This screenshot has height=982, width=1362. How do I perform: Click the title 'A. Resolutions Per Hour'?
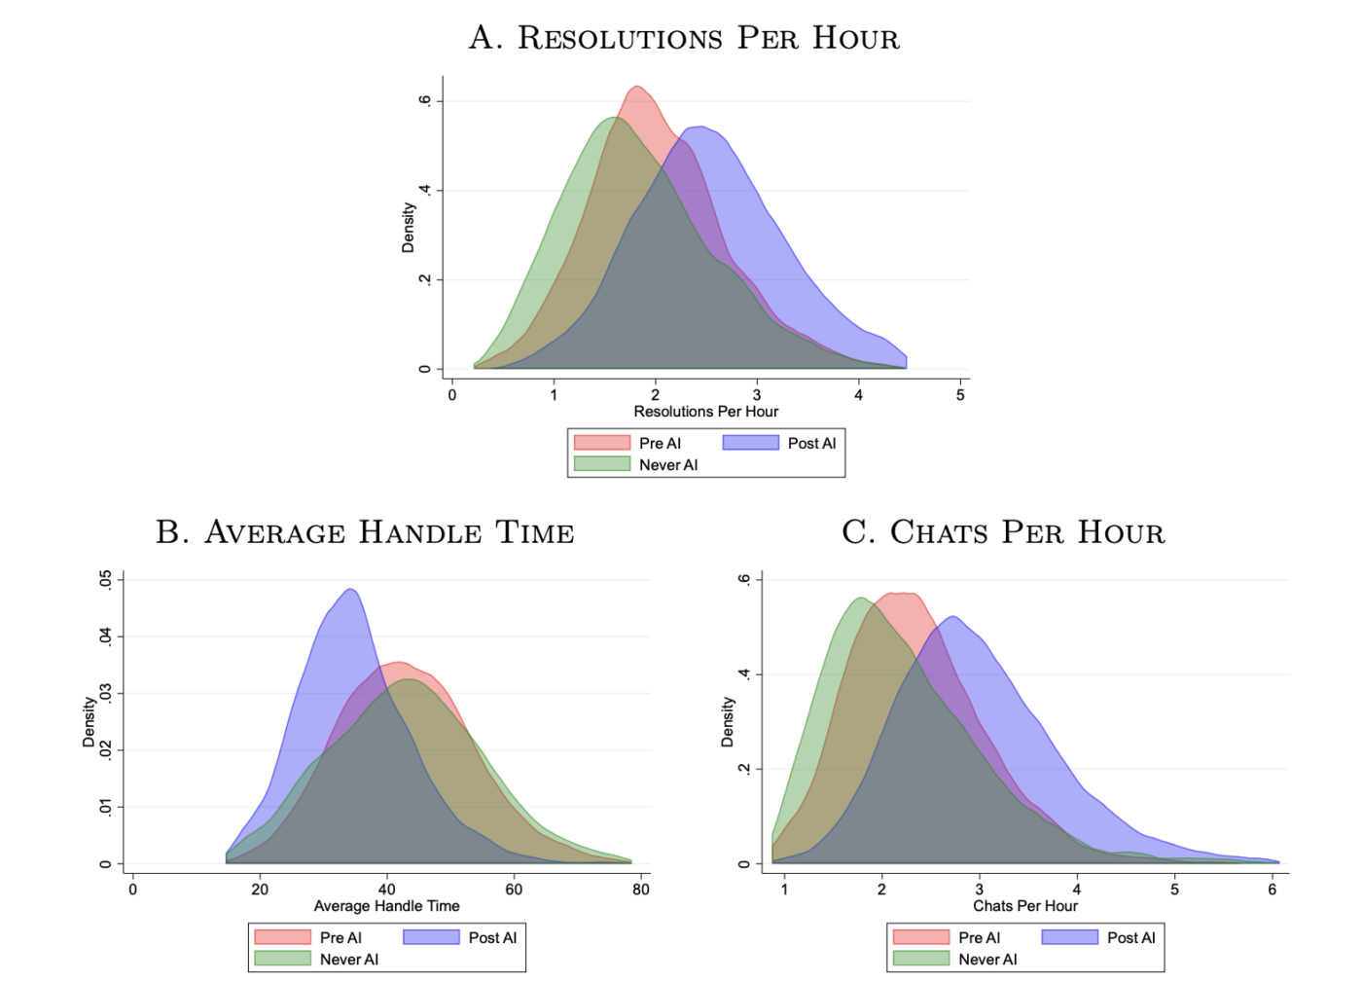click(x=684, y=38)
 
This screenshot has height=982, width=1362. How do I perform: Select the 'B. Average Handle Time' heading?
click(x=365, y=532)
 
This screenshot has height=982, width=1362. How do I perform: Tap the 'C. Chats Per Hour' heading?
click(x=1003, y=532)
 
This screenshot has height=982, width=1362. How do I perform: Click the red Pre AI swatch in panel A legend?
click(x=602, y=443)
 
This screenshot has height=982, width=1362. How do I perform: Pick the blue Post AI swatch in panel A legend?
click(x=750, y=443)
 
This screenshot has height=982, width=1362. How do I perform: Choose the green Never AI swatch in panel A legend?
click(x=602, y=464)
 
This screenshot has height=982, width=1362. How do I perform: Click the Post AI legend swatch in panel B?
click(x=431, y=937)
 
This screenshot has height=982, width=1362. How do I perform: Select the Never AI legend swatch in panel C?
click(x=920, y=959)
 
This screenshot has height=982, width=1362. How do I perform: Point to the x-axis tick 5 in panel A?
click(x=960, y=395)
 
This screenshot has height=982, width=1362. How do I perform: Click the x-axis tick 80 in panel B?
click(x=641, y=889)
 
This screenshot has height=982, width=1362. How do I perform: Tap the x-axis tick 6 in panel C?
click(x=1272, y=889)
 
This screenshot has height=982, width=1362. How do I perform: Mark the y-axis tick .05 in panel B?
click(x=105, y=580)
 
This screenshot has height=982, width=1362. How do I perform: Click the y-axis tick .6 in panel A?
click(x=424, y=101)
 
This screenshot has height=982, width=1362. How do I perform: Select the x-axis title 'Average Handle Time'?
click(x=386, y=906)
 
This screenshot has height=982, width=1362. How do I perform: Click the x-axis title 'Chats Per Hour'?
click(x=1025, y=906)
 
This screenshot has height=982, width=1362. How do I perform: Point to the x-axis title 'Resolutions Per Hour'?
click(x=705, y=412)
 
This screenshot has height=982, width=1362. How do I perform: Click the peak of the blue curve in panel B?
click(x=350, y=590)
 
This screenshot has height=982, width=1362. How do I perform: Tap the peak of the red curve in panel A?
click(x=636, y=87)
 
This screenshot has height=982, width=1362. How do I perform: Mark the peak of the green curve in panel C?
click(x=860, y=599)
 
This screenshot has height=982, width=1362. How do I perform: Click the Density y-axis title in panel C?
click(x=728, y=722)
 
